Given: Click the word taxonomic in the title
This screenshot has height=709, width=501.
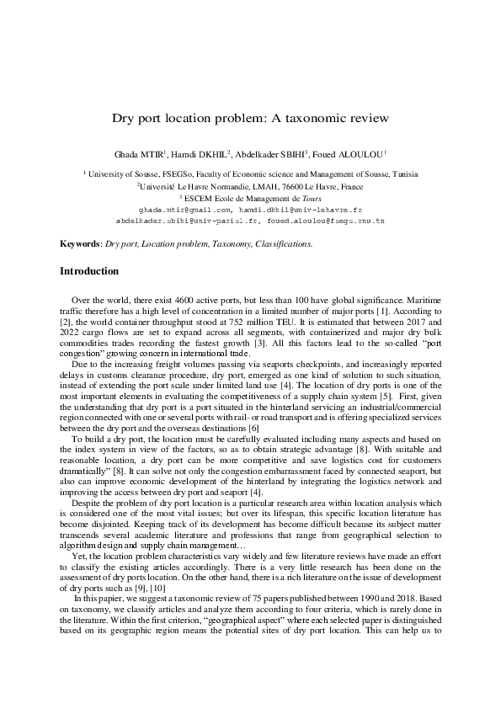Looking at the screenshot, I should click(323, 119).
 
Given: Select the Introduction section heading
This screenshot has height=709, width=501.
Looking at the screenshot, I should click(89, 271).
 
